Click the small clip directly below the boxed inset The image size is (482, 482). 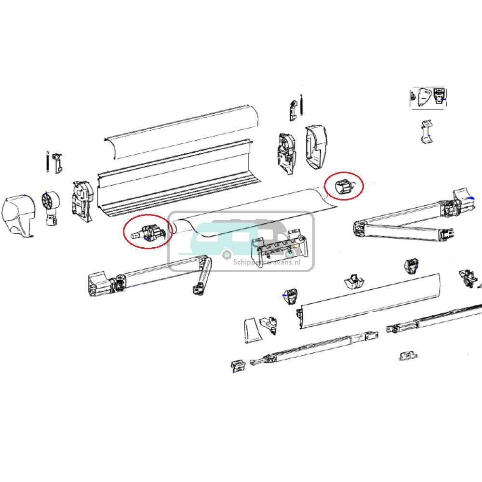pyautogui.click(x=426, y=131)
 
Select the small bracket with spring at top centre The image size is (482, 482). pyautogui.click(x=295, y=111)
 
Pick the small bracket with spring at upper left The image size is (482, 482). pyautogui.click(x=54, y=163)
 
